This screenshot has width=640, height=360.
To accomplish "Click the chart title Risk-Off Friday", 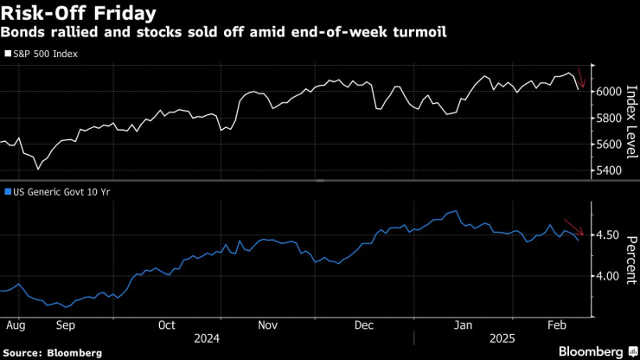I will pos(79,14).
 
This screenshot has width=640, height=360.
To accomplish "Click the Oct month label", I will pos(167,325).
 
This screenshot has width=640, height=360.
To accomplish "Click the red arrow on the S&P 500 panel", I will pos(582,80).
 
